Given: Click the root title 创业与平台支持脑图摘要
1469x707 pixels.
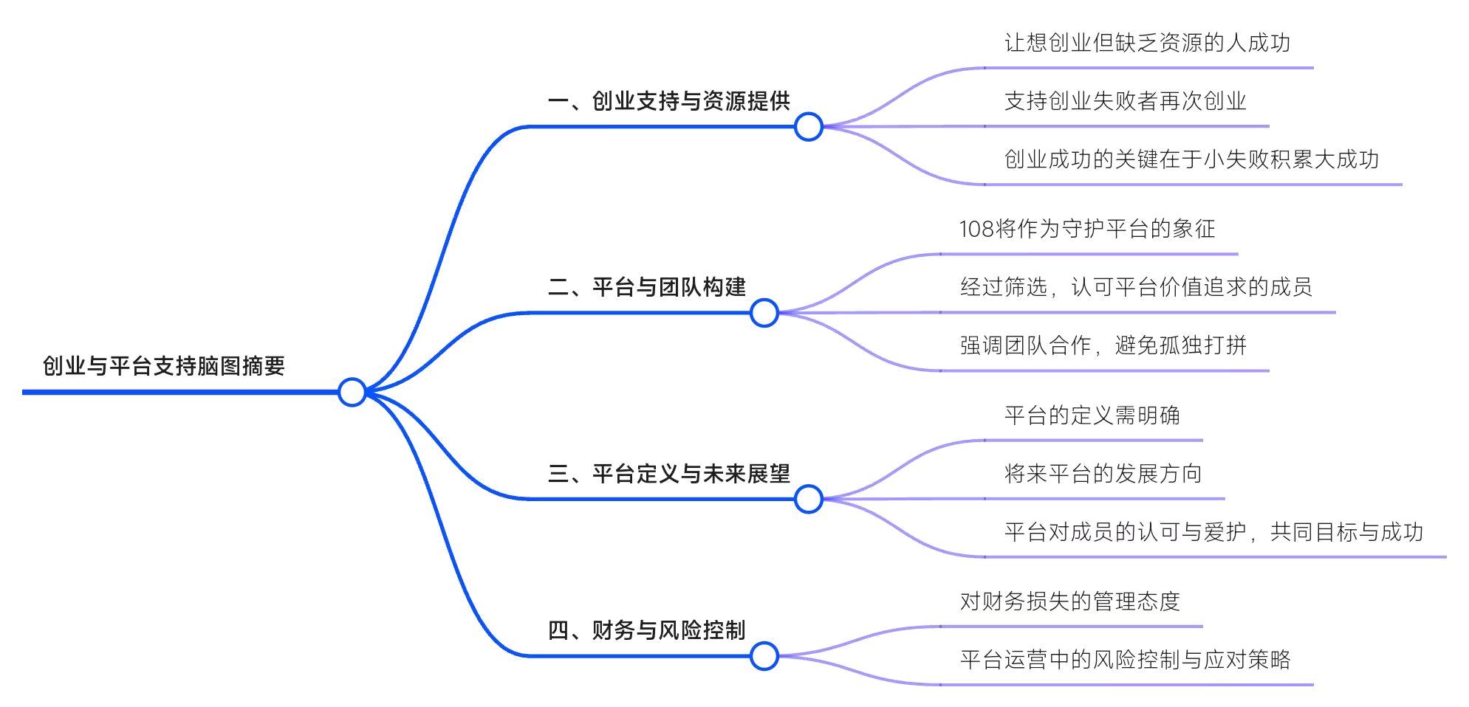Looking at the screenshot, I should click(164, 365).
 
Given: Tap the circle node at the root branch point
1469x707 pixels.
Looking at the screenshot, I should click(352, 392).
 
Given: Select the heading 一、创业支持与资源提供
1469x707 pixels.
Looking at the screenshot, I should click(669, 101).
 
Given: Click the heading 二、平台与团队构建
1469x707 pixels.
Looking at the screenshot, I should click(647, 287).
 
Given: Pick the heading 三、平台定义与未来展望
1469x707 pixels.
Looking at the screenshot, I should click(669, 474).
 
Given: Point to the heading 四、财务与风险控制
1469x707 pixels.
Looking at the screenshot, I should click(647, 630).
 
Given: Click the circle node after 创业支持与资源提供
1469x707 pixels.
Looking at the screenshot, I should click(809, 127).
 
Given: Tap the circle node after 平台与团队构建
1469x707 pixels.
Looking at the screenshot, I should click(764, 313).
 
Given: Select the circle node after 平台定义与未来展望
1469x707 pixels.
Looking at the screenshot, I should click(809, 500).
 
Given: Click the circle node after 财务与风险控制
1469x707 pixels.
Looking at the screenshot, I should click(764, 656).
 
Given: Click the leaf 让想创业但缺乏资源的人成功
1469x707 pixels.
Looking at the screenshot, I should click(1147, 43).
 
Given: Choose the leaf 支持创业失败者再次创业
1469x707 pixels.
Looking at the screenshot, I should click(1125, 101).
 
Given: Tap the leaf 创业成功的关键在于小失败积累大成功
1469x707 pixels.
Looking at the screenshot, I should click(1191, 159).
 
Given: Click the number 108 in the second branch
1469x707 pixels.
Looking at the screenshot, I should click(976, 229).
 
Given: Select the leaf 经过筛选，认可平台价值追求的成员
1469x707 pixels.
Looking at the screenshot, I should click(1136, 287).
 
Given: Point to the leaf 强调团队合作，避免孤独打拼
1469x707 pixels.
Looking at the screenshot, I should click(1103, 345).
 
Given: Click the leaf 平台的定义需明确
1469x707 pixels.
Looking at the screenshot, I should click(1092, 415).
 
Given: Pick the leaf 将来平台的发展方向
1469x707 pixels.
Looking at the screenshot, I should click(1103, 474).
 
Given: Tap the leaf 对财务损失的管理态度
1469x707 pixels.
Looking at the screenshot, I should click(1069, 601).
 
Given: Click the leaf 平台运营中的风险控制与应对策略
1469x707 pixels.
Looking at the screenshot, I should click(1125, 660).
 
